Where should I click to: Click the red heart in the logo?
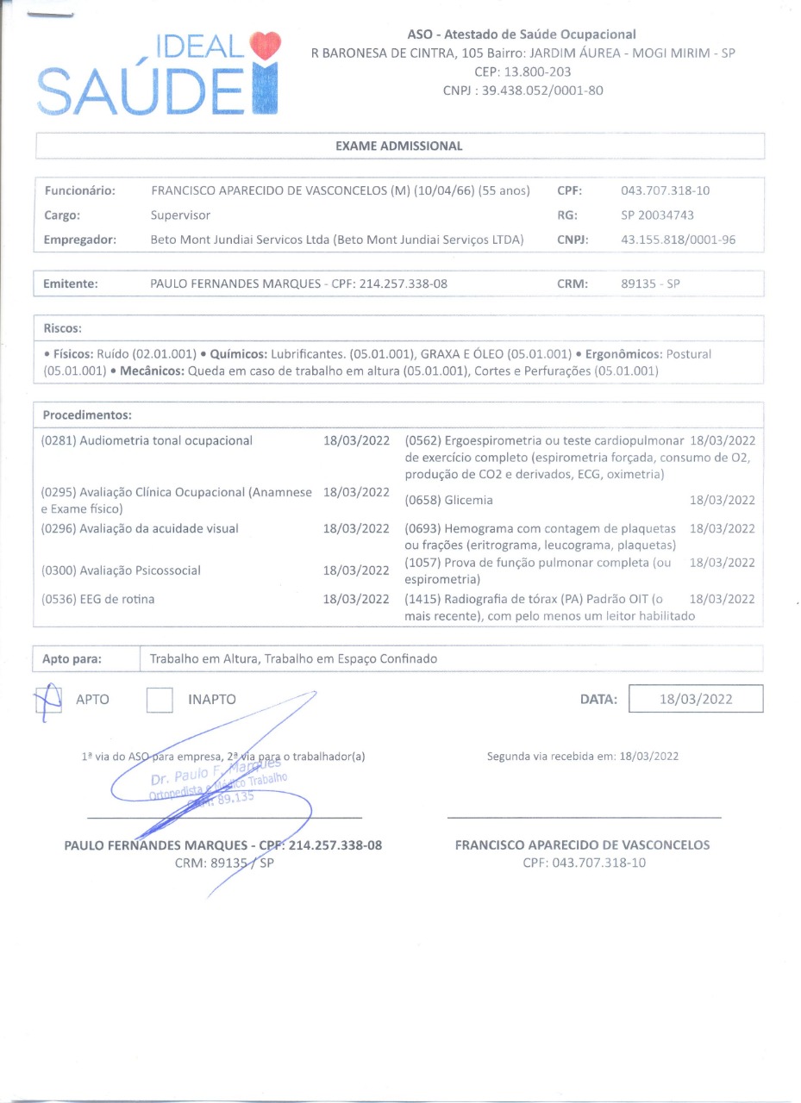tap(265, 46)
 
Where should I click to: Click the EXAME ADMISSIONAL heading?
tap(398, 146)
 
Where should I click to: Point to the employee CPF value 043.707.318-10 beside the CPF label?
tap(665, 190)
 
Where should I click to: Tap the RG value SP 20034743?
tap(657, 215)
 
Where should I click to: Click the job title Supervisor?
tap(180, 215)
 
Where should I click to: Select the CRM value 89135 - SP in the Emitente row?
tap(650, 283)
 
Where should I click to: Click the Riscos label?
tap(63, 328)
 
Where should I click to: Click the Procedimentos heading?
tap(87, 415)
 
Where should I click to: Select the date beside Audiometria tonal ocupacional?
tap(356, 440)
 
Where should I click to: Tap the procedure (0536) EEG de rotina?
tap(97, 599)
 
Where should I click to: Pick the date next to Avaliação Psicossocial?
tap(356, 570)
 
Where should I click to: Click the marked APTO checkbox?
tap(49, 699)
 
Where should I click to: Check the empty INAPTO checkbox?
tap(160, 700)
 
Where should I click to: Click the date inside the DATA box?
tap(696, 699)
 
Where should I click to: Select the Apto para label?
tap(72, 659)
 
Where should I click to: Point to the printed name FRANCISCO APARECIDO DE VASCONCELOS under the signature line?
tap(582, 845)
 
